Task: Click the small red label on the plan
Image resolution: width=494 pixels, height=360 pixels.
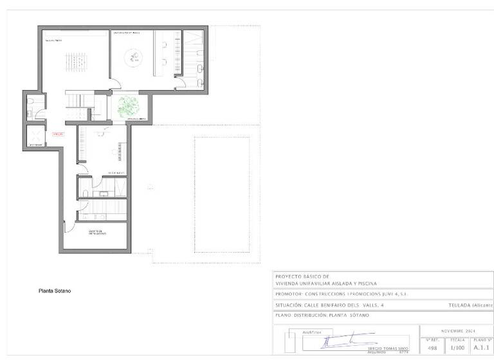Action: tap(58, 134)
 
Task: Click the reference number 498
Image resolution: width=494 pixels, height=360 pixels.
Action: tap(432, 347)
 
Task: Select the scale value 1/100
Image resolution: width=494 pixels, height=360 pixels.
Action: tap(457, 347)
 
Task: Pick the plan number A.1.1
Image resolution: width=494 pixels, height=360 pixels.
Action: tap(481, 347)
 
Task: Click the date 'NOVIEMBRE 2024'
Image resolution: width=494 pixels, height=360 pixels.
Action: tap(457, 330)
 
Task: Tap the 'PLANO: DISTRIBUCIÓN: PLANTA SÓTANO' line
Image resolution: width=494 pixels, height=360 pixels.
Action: tap(322, 315)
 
